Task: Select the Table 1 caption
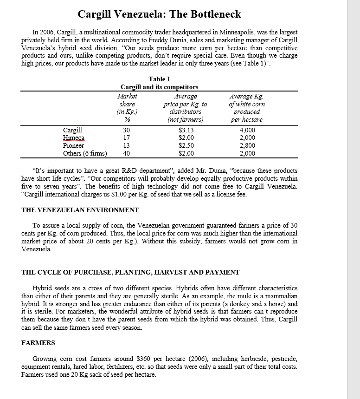pos(159,79)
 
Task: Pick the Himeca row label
pos(74,138)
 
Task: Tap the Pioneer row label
pos(73,145)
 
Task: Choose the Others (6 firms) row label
pos(85,153)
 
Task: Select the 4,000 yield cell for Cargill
pos(247,131)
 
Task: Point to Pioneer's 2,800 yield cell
pos(247,145)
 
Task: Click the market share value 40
pos(127,153)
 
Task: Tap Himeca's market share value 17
pos(127,138)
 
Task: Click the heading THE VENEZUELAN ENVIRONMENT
pos(80,210)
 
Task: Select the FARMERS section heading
pos(38,343)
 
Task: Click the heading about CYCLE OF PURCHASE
pos(130,272)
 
